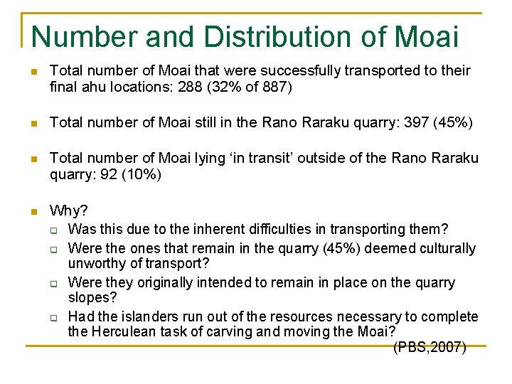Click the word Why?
[69, 210]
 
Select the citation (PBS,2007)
[430, 348]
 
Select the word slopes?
[91, 298]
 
